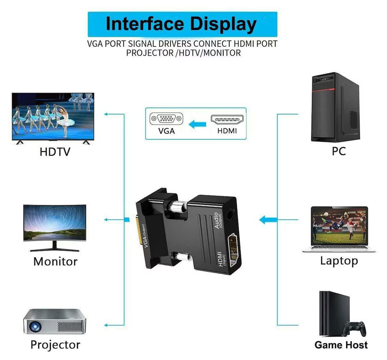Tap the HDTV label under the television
pos(55,152)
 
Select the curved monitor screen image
pos(55,223)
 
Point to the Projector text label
pos(55,345)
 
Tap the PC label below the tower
pos(339,151)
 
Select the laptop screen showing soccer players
pos(340,228)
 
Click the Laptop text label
pos(339,261)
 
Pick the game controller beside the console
pos(354,329)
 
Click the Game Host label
pos(341,345)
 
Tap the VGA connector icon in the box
pos(166,118)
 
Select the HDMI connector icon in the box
pos(227,120)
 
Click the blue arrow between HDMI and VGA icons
pos(197,124)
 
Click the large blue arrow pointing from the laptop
pos(268,220)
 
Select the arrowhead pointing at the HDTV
pos(106,114)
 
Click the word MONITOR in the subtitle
pos(222,53)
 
